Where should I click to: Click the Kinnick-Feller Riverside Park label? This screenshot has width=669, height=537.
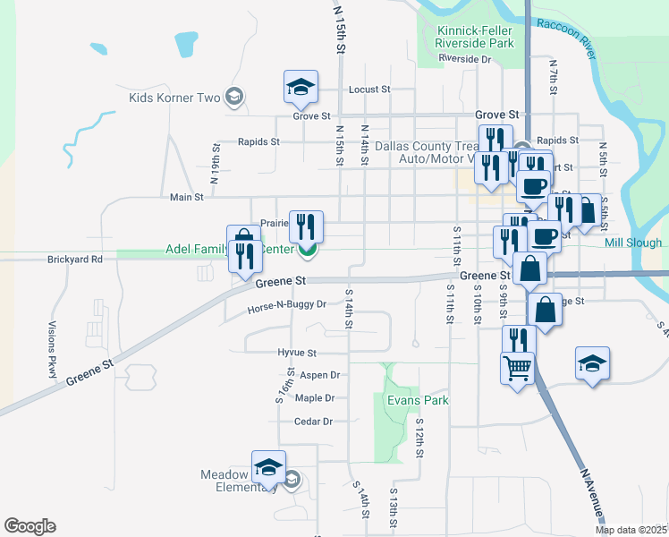475,36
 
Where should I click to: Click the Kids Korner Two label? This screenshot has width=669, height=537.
174,98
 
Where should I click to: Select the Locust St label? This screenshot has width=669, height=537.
369,89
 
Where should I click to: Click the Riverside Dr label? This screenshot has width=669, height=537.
465,59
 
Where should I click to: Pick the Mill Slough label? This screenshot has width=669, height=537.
633,243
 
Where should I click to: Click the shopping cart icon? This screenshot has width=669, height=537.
519,366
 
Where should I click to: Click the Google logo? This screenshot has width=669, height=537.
30,526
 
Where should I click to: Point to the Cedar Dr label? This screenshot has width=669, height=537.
313,422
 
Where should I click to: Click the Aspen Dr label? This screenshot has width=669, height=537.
320,375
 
